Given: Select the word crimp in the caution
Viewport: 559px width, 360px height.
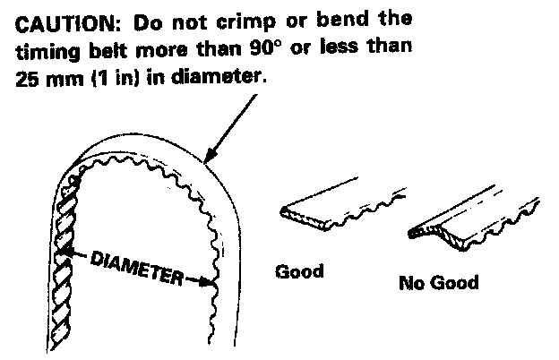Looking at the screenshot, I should (x=225, y=18).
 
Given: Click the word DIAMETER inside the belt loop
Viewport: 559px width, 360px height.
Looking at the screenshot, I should (x=134, y=267).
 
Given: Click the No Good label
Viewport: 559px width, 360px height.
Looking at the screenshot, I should (x=439, y=284).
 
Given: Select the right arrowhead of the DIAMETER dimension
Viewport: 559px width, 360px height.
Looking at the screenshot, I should (x=211, y=284).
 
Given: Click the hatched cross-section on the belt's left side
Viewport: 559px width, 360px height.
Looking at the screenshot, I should (x=65, y=242).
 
